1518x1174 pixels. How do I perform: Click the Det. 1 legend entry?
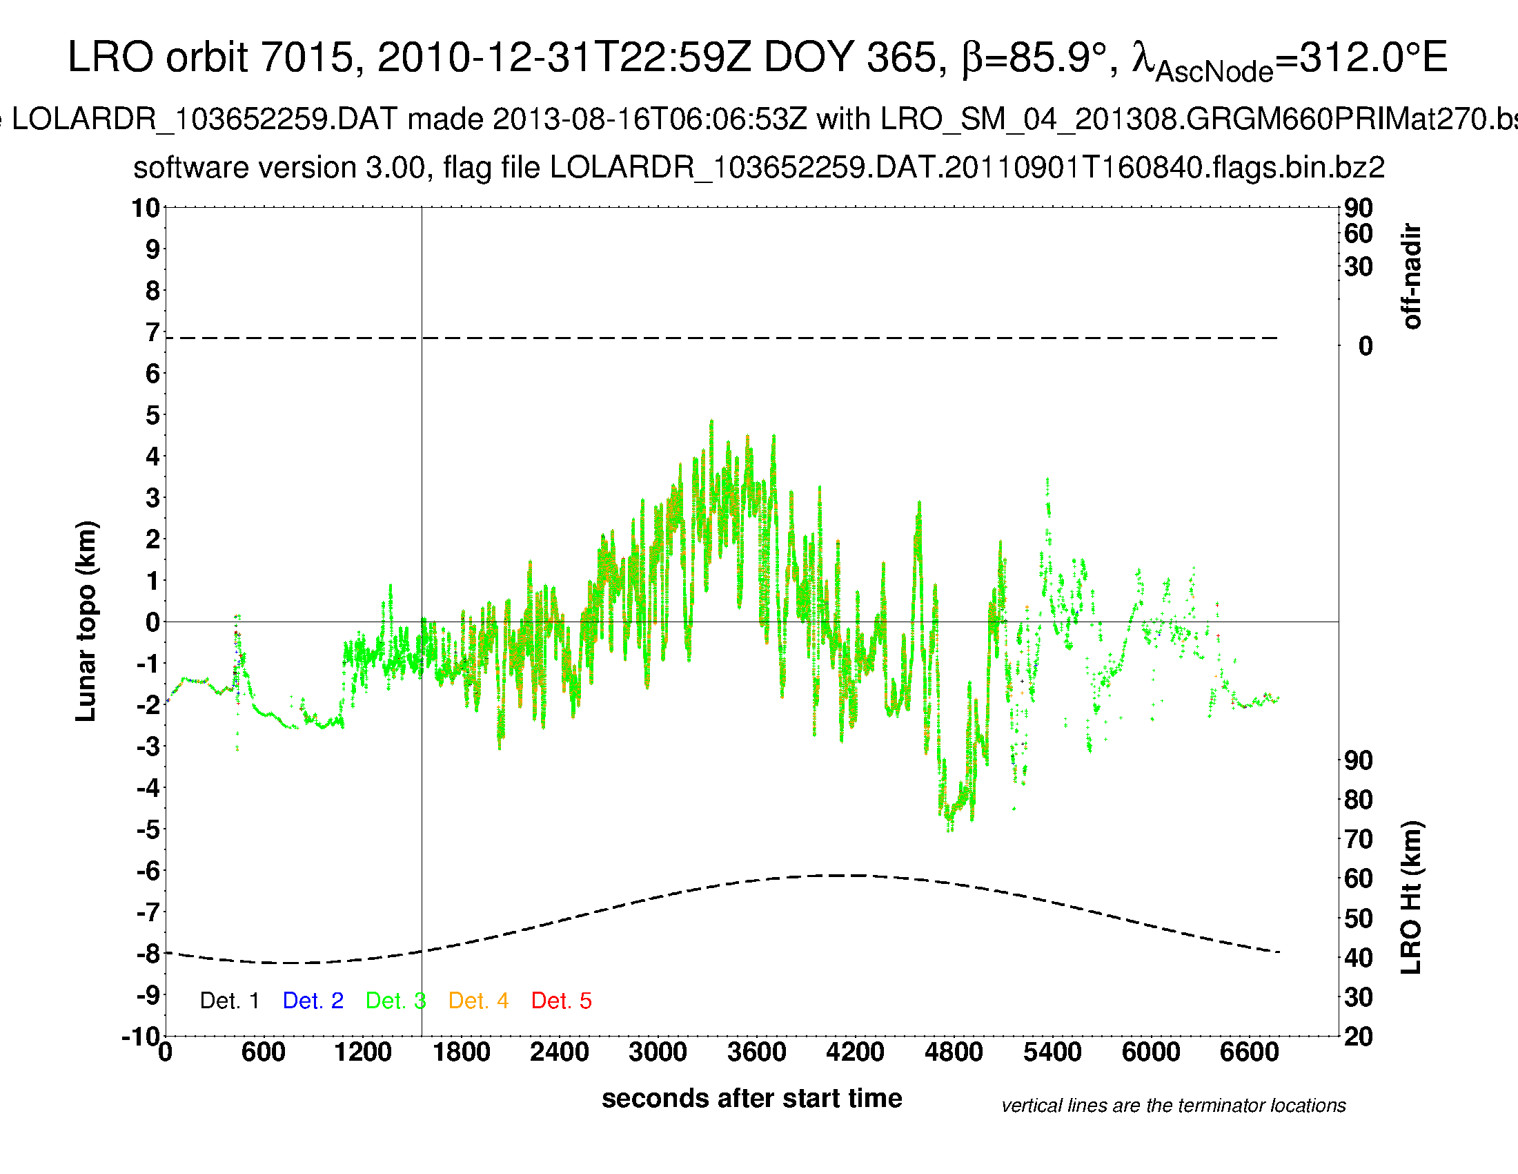tap(229, 1001)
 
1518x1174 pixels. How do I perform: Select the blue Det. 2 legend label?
tap(313, 1001)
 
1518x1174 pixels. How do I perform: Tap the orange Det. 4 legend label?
tap(478, 1001)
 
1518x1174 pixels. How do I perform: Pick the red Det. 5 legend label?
tap(561, 1001)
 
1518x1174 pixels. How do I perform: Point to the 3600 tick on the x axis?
tap(756, 1052)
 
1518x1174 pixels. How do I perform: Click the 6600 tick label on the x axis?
tap(1249, 1052)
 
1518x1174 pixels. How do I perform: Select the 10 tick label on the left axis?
tap(146, 208)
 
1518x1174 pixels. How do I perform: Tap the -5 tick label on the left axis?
tap(148, 829)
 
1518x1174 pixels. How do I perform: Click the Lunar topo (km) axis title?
tap(86, 621)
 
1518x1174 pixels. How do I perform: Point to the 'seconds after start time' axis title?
tap(751, 1099)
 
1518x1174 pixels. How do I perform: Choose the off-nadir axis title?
tap(1412, 276)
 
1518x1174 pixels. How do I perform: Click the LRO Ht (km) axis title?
tap(1412, 898)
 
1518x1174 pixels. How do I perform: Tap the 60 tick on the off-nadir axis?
tap(1358, 233)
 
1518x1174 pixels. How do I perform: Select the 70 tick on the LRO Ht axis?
tap(1358, 840)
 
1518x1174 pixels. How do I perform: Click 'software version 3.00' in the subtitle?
tap(279, 168)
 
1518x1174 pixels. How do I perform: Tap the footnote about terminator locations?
tap(1173, 1106)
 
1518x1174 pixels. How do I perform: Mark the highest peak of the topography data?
tap(711, 421)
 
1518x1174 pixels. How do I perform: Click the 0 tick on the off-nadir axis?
tap(1365, 346)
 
